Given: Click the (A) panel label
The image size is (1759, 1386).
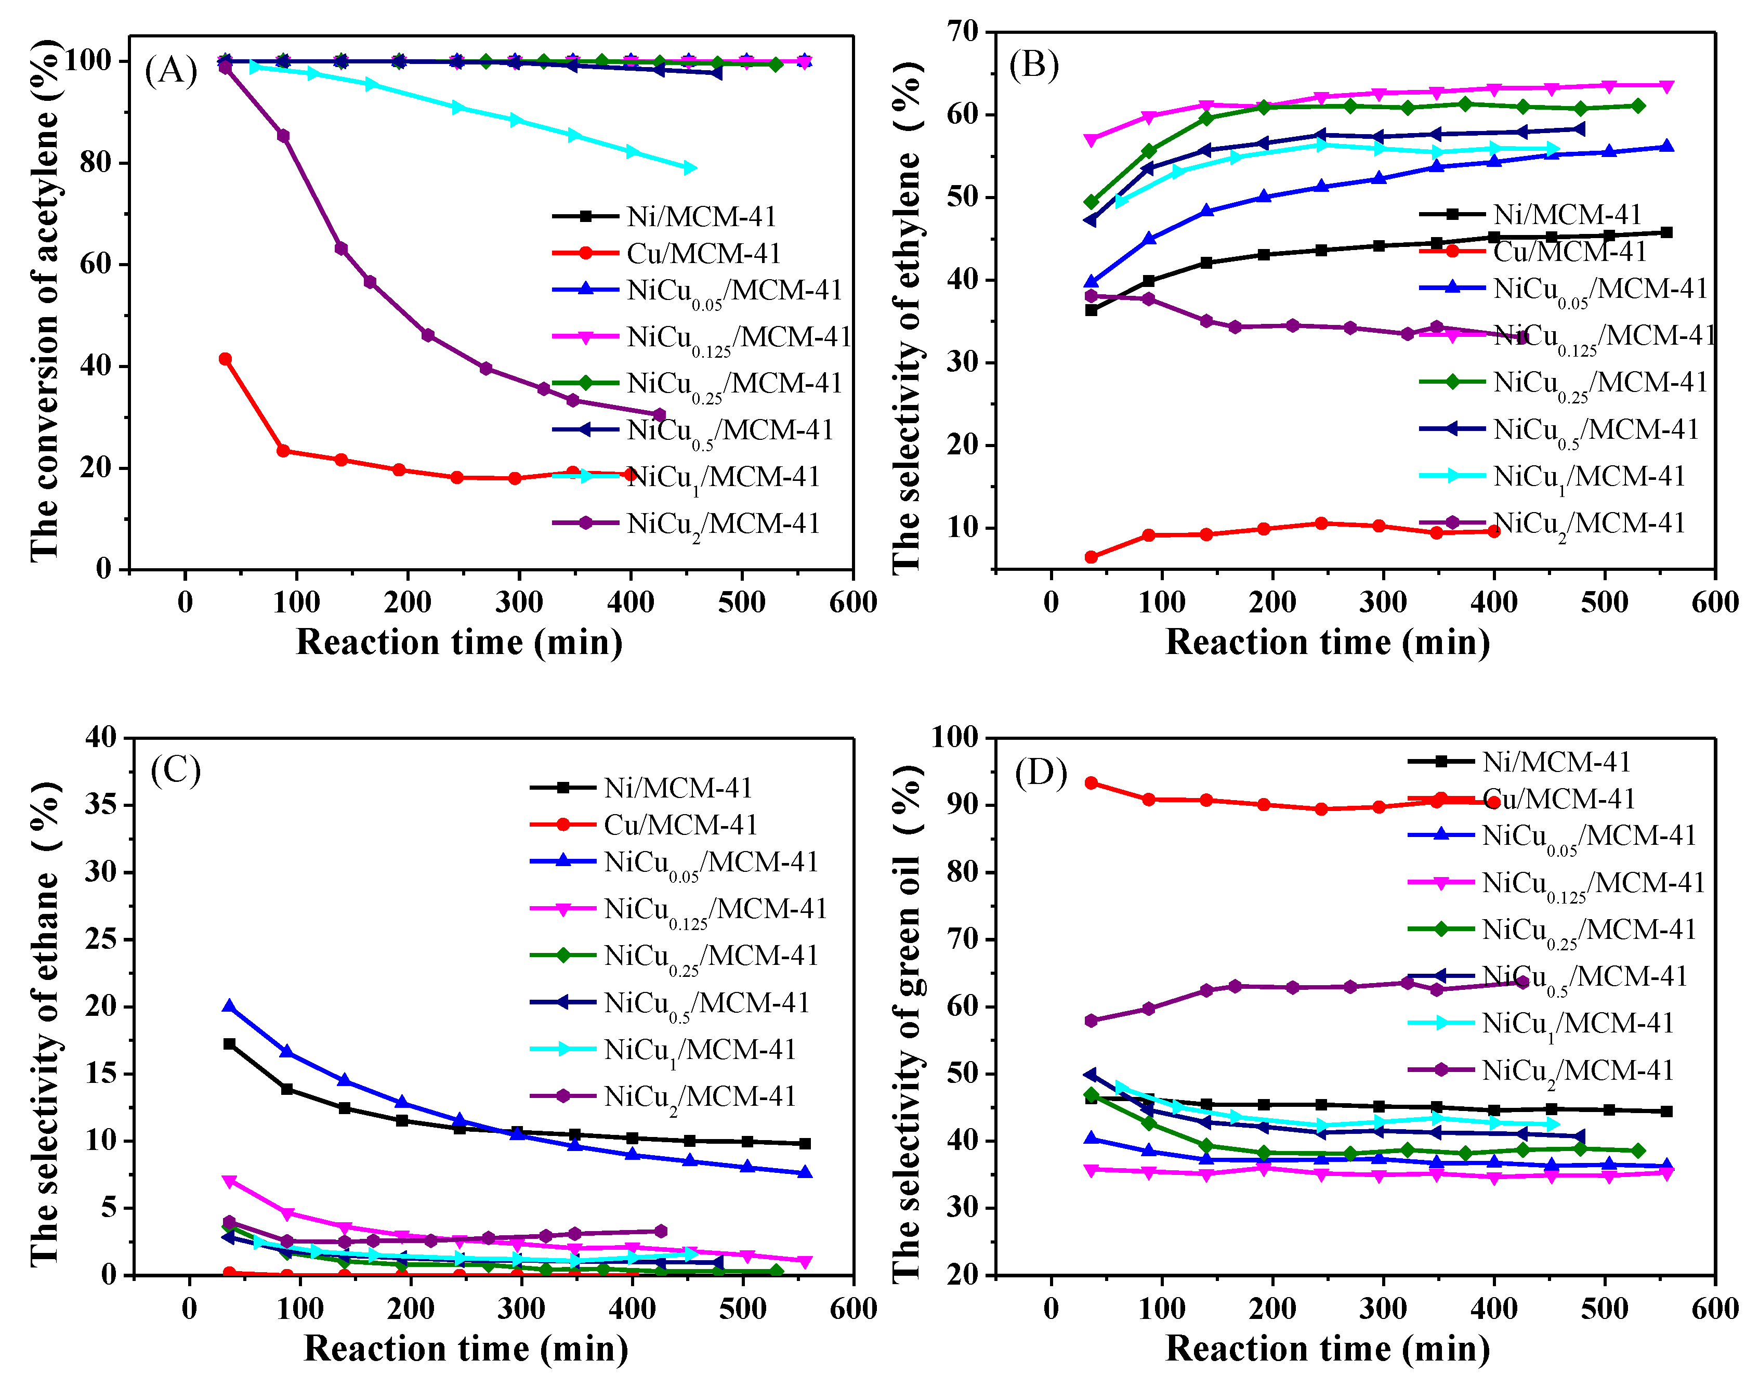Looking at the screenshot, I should click(x=170, y=71).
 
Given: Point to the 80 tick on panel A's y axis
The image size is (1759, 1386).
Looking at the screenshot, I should click(x=96, y=163).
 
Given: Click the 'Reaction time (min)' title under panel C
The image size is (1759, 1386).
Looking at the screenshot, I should click(x=466, y=1349).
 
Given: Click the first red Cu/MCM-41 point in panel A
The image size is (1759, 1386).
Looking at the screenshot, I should click(x=226, y=359).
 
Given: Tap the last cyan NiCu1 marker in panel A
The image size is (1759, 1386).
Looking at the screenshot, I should click(x=690, y=168).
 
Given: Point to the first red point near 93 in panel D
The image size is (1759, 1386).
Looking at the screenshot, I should click(x=1091, y=783).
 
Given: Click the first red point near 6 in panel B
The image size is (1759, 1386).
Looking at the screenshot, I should click(x=1091, y=557).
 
